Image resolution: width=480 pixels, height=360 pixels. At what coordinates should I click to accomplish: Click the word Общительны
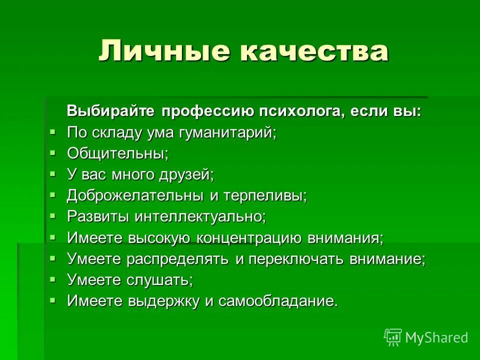click(x=117, y=153)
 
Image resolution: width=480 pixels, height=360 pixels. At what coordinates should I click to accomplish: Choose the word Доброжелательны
click(x=135, y=195)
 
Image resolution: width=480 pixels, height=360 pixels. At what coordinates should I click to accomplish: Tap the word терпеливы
click(x=265, y=195)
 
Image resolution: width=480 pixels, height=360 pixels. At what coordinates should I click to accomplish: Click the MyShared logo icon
click(x=393, y=337)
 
